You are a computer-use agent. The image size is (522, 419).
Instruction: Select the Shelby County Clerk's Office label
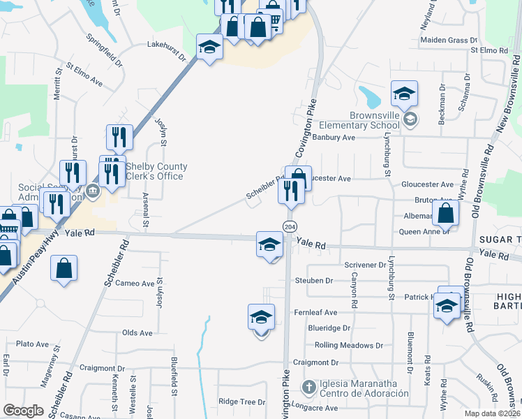(156, 171)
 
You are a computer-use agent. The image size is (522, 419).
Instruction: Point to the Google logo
(23, 411)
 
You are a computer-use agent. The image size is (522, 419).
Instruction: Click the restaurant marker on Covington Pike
(291, 191)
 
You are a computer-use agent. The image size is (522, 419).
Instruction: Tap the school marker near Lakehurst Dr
(209, 47)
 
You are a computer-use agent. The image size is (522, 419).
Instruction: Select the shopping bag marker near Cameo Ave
(64, 268)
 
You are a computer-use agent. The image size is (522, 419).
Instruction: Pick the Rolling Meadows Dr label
(349, 345)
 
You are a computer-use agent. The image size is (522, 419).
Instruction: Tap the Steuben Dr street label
(314, 280)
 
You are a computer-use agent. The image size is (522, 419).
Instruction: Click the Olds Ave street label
(137, 332)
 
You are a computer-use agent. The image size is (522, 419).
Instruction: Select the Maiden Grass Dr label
(449, 40)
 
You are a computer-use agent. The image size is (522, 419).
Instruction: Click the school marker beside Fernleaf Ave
(261, 317)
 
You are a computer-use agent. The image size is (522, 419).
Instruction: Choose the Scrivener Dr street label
(365, 265)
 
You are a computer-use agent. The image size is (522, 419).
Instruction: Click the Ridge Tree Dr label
(241, 402)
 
